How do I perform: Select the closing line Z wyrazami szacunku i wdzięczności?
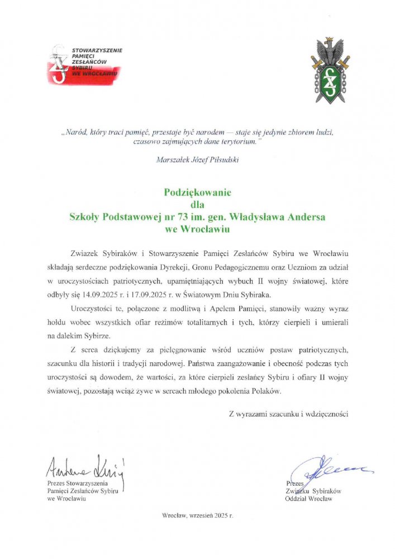[x=289, y=414]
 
